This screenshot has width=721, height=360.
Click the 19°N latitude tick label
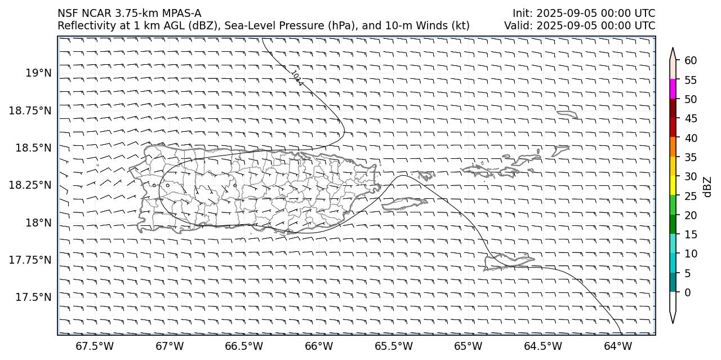tap(38, 73)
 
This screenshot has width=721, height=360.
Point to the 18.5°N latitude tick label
tap(34, 148)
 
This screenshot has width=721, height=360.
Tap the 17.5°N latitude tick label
tap(34, 297)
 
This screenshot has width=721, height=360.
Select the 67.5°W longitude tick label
tap(91, 345)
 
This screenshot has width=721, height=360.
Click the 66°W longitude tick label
tap(318, 345)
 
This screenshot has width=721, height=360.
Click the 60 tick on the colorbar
tap(691, 61)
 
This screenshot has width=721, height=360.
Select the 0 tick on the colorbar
tap(687, 292)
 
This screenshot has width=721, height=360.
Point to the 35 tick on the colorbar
tap(691, 157)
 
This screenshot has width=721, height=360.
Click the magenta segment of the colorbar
tap(673, 89)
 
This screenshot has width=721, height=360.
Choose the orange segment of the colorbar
tap(673, 148)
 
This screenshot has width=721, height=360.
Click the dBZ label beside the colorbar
tap(707, 186)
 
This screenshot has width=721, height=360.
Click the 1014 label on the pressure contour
tap(297, 78)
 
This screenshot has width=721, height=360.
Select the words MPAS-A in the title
tap(181, 13)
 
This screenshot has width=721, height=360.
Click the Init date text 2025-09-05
tap(564, 13)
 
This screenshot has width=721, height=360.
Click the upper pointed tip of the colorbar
tap(673, 49)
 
